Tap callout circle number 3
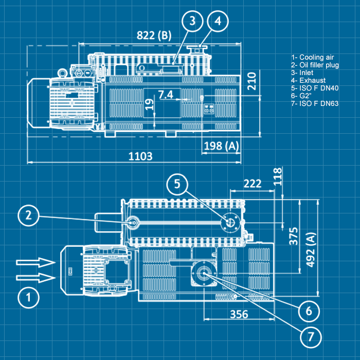pyautogui.click(x=192, y=21)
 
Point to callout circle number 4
pyautogui.click(x=218, y=21)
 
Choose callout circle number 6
pyautogui.click(x=309, y=311)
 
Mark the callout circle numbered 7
pyautogui.click(x=311, y=337)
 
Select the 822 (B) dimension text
pyautogui.click(x=154, y=35)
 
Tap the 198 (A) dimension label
pyautogui.click(x=222, y=146)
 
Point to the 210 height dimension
pyautogui.click(x=251, y=81)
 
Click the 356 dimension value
pyautogui.click(x=239, y=314)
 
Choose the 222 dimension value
pyautogui.click(x=253, y=184)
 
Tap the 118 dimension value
pyautogui.click(x=278, y=176)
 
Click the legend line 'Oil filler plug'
pyautogui.click(x=315, y=65)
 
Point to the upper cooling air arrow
pyautogui.click(x=35, y=262)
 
